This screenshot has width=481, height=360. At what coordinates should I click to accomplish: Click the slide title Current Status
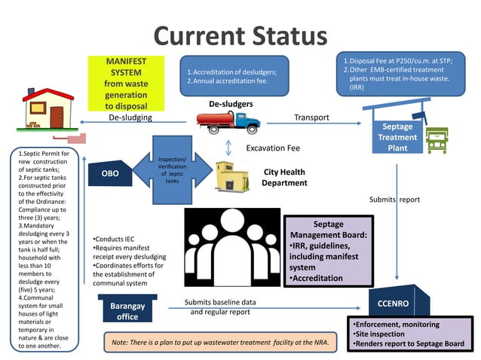pos(240,35)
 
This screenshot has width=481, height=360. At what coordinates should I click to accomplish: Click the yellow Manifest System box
pos(126,83)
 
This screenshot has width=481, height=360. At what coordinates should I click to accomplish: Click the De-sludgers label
pos(231,104)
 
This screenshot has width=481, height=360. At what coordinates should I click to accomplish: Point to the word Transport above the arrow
pos(311,117)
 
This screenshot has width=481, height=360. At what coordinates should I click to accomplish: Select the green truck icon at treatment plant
pos(437,139)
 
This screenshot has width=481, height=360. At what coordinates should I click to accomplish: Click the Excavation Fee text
pos(272,148)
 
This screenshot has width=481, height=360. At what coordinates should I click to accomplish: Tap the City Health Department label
pos(284,177)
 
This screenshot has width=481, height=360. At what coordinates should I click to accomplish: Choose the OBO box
pos(110,174)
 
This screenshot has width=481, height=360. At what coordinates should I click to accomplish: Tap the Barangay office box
pos(127,311)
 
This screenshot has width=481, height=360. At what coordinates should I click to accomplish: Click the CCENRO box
pos(399,304)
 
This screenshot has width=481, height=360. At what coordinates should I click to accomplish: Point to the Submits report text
pos(394,200)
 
